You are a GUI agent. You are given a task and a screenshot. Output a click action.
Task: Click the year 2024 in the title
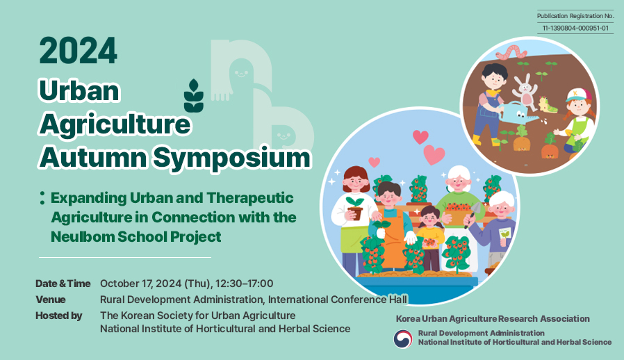tap(78, 51)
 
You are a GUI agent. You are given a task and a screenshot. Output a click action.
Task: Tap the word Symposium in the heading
tap(231, 158)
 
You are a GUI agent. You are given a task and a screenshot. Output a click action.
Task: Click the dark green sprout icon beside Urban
tap(194, 96)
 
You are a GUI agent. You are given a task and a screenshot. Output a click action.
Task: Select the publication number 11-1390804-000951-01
tap(575, 28)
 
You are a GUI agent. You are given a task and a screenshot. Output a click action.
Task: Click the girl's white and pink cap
tap(578, 95)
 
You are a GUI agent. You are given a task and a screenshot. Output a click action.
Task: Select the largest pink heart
tap(434, 154)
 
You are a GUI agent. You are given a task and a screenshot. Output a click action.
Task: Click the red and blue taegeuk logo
tap(403, 339)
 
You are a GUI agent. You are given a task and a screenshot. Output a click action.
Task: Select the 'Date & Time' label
tap(63, 284)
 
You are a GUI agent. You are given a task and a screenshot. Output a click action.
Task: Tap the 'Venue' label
tap(51, 300)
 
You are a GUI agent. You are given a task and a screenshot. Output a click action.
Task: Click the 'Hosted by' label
tap(59, 316)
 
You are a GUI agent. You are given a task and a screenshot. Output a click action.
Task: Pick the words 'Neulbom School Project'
tap(136, 237)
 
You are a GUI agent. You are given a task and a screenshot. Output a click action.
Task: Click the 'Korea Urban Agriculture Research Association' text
tap(493, 318)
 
